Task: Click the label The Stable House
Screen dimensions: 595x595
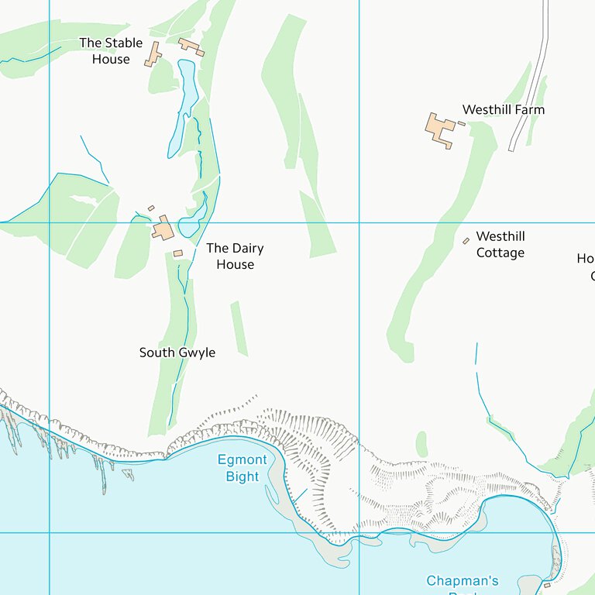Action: pyautogui.click(x=111, y=51)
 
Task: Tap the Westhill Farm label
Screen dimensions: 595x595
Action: pyautogui.click(x=503, y=110)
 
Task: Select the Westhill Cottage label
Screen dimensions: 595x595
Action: pyautogui.click(x=500, y=245)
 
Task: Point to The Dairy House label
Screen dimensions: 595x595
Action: pyautogui.click(x=235, y=256)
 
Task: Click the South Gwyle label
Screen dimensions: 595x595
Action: pyautogui.click(x=177, y=353)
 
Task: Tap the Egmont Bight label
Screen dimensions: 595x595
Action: pyautogui.click(x=242, y=468)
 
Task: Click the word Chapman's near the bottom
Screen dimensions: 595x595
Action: pyautogui.click(x=463, y=580)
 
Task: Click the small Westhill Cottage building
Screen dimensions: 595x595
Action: pyautogui.click(x=466, y=240)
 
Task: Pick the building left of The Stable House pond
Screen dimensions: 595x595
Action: pyautogui.click(x=153, y=54)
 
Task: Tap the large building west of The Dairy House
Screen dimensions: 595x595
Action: pyautogui.click(x=163, y=229)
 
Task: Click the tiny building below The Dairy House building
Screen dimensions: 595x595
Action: pyautogui.click(x=177, y=253)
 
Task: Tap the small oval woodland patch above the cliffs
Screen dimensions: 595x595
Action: pyautogui.click(x=421, y=445)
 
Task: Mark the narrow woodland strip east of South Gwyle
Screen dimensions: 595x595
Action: pyautogui.click(x=239, y=328)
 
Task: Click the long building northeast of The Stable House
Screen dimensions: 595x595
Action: pyautogui.click(x=191, y=47)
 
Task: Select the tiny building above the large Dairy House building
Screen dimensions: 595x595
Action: pyautogui.click(x=151, y=208)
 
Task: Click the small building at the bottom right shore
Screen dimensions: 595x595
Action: pyautogui.click(x=547, y=585)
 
